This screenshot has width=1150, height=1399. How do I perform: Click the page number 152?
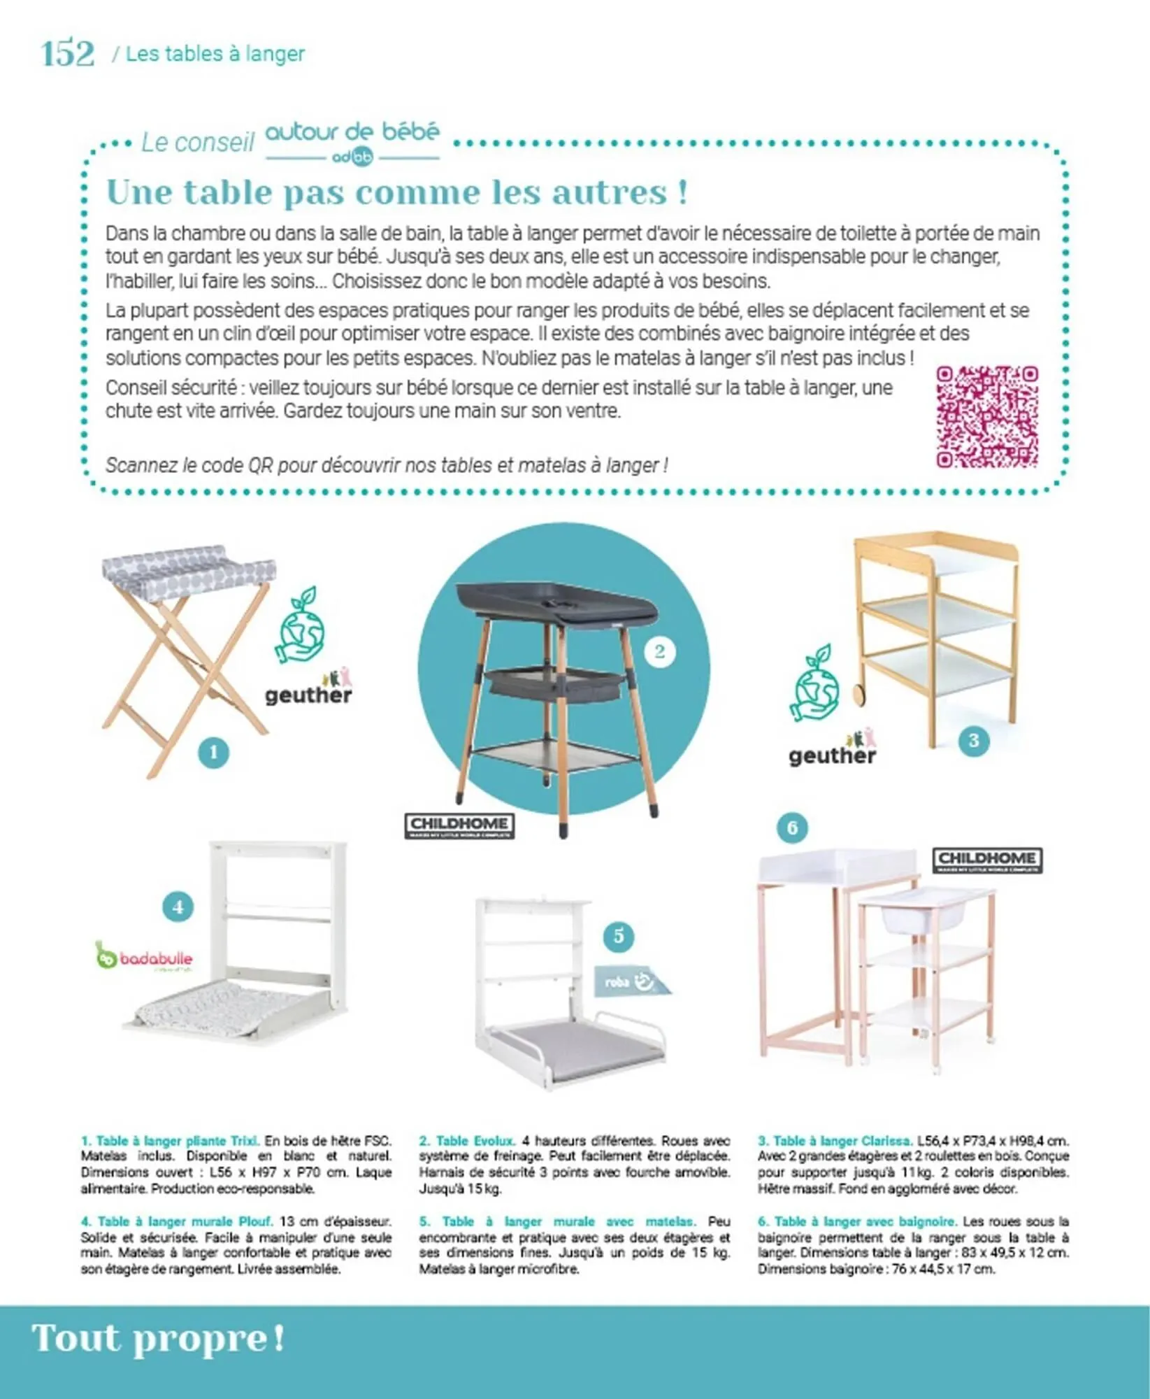(67, 54)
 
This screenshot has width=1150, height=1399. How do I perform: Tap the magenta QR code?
(986, 416)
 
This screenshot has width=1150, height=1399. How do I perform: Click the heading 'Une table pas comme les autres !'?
(396, 192)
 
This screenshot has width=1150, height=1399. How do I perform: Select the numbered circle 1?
(213, 753)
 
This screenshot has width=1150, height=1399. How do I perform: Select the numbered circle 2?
(659, 652)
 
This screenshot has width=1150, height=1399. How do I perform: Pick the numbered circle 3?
(973, 740)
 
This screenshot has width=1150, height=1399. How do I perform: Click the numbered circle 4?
(178, 907)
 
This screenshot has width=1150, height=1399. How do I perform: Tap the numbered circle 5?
(618, 936)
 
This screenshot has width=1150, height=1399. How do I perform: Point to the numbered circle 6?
(791, 828)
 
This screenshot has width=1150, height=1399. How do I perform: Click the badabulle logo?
(144, 956)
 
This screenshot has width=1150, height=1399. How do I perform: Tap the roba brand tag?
(631, 981)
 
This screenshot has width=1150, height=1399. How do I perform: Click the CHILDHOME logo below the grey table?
(459, 825)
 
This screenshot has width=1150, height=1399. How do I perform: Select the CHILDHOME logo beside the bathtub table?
(986, 860)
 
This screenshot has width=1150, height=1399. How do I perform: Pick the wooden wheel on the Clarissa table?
(859, 694)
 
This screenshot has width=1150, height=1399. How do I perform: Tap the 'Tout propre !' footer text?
(159, 1338)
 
